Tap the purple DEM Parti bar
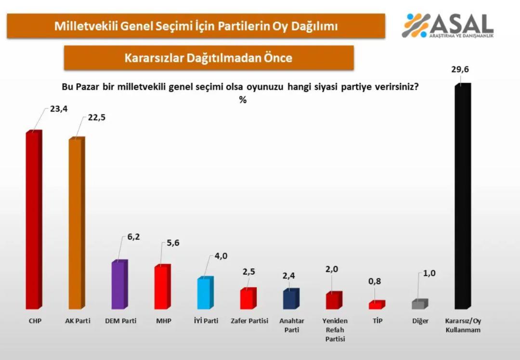[x=118, y=285]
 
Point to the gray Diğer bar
[x=418, y=304]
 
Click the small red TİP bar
[x=376, y=305]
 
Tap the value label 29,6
[x=460, y=70]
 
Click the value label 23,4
[x=59, y=109]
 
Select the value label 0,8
[x=374, y=281]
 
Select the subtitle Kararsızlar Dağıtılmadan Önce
[x=208, y=58]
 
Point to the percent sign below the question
[x=243, y=100]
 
